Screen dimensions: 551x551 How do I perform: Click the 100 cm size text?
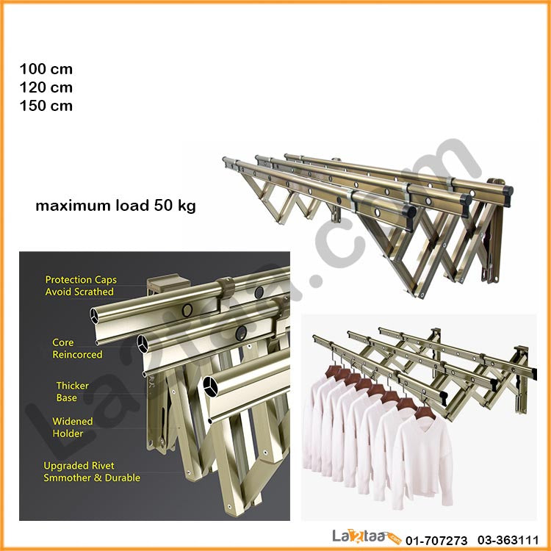[x=46, y=69]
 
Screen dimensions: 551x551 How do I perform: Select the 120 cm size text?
[x=46, y=87]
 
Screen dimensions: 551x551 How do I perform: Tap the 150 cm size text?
[x=46, y=105]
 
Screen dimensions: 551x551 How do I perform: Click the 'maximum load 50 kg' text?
[x=115, y=206]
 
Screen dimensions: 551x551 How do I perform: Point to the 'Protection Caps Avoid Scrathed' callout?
[x=81, y=286]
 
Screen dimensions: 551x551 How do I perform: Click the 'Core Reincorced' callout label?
[x=77, y=348]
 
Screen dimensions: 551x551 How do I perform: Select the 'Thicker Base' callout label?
[x=72, y=392]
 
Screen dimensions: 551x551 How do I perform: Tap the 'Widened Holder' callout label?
[x=73, y=428]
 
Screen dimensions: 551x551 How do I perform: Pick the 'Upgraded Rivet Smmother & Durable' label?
[x=92, y=472]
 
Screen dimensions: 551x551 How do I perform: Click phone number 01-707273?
[x=436, y=540]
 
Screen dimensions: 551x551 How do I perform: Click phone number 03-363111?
[x=508, y=540]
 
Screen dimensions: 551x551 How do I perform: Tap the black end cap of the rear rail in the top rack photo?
[x=508, y=195]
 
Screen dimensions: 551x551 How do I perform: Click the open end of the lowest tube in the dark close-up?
[x=211, y=386]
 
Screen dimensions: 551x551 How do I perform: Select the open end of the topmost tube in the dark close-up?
[x=94, y=316]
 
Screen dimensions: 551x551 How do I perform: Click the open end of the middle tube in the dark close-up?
[x=143, y=344]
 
